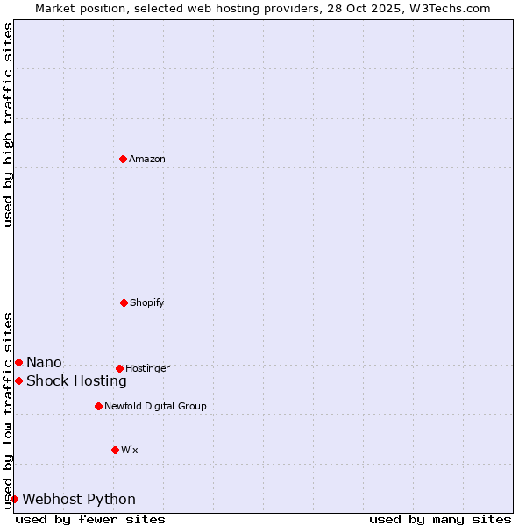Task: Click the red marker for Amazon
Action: click(x=123, y=159)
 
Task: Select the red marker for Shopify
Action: click(x=124, y=302)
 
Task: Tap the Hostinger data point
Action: click(x=119, y=368)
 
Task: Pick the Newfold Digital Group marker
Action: click(x=98, y=406)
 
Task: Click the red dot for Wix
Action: click(x=115, y=450)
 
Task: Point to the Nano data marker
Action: click(x=18, y=362)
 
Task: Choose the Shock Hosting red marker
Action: click(x=18, y=380)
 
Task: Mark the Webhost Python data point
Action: click(x=14, y=499)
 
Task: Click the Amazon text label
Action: click(x=147, y=159)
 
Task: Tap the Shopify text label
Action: click(x=147, y=302)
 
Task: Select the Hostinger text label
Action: click(x=147, y=368)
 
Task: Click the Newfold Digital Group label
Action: click(x=155, y=406)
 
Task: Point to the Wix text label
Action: click(x=130, y=450)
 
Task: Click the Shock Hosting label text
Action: click(x=76, y=380)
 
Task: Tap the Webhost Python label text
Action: click(x=79, y=499)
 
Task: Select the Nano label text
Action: click(x=44, y=362)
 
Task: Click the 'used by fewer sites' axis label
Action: click(x=90, y=519)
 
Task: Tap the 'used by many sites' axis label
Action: click(x=440, y=519)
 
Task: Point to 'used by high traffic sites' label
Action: click(x=9, y=124)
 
